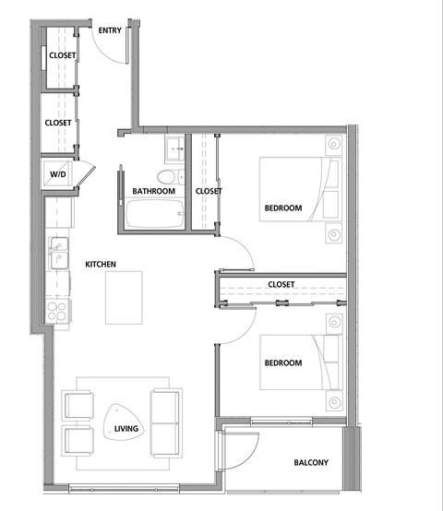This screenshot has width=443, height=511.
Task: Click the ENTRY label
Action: pos(110,30)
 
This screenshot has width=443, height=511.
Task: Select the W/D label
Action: pos(57,173)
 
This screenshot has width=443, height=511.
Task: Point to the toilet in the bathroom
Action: pos(167,176)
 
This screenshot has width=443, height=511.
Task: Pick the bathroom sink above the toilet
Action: pos(174,148)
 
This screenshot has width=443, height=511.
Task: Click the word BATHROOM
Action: pos(153,192)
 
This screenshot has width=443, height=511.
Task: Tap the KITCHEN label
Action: pos(100,265)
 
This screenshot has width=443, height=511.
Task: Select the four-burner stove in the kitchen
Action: pos(58,309)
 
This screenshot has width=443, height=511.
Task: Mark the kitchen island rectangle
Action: pos(126,297)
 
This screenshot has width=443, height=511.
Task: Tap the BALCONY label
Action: pos(311,463)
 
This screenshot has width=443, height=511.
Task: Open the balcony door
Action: pos(238,454)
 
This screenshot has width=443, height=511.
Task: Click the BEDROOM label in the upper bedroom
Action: pos(283,208)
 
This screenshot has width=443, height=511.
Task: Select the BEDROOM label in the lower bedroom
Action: pos(283,363)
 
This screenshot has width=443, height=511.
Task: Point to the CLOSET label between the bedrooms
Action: pos(281,285)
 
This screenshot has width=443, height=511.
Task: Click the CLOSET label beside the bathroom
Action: pos(209,192)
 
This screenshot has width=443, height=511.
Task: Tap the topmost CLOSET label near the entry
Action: pos(61,55)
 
